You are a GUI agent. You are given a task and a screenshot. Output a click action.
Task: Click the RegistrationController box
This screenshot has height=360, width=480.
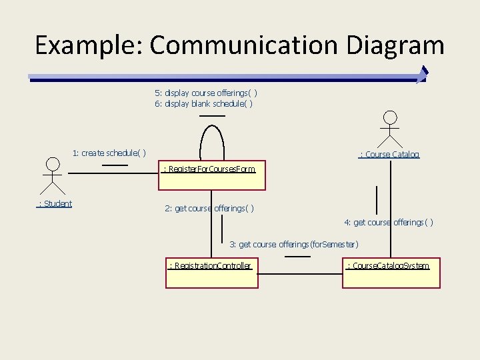[x=211, y=273]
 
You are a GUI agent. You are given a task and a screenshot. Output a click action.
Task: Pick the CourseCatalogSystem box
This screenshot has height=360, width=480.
[x=391, y=273]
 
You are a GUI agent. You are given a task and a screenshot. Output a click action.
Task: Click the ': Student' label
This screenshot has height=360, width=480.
[x=55, y=203]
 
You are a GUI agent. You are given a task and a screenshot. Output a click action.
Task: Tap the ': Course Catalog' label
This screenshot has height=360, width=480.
[x=389, y=154]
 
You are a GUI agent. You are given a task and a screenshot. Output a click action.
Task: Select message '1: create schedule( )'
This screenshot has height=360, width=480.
[x=109, y=153]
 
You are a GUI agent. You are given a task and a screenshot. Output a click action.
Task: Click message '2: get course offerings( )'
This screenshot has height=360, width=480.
[x=209, y=209]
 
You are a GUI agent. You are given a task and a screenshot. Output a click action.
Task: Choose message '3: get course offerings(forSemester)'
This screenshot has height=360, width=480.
[x=294, y=244]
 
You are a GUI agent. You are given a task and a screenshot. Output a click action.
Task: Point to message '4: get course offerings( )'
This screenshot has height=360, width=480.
[x=388, y=222]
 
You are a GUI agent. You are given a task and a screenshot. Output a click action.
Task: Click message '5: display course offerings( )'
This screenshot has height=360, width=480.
[x=206, y=93]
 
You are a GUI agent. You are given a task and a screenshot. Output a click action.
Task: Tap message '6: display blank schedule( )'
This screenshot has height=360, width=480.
[x=204, y=103]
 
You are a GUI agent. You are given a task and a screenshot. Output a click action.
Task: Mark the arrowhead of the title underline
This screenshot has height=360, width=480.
[x=421, y=75]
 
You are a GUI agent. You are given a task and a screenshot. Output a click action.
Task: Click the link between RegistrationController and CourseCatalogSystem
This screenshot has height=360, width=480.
[x=300, y=273]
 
